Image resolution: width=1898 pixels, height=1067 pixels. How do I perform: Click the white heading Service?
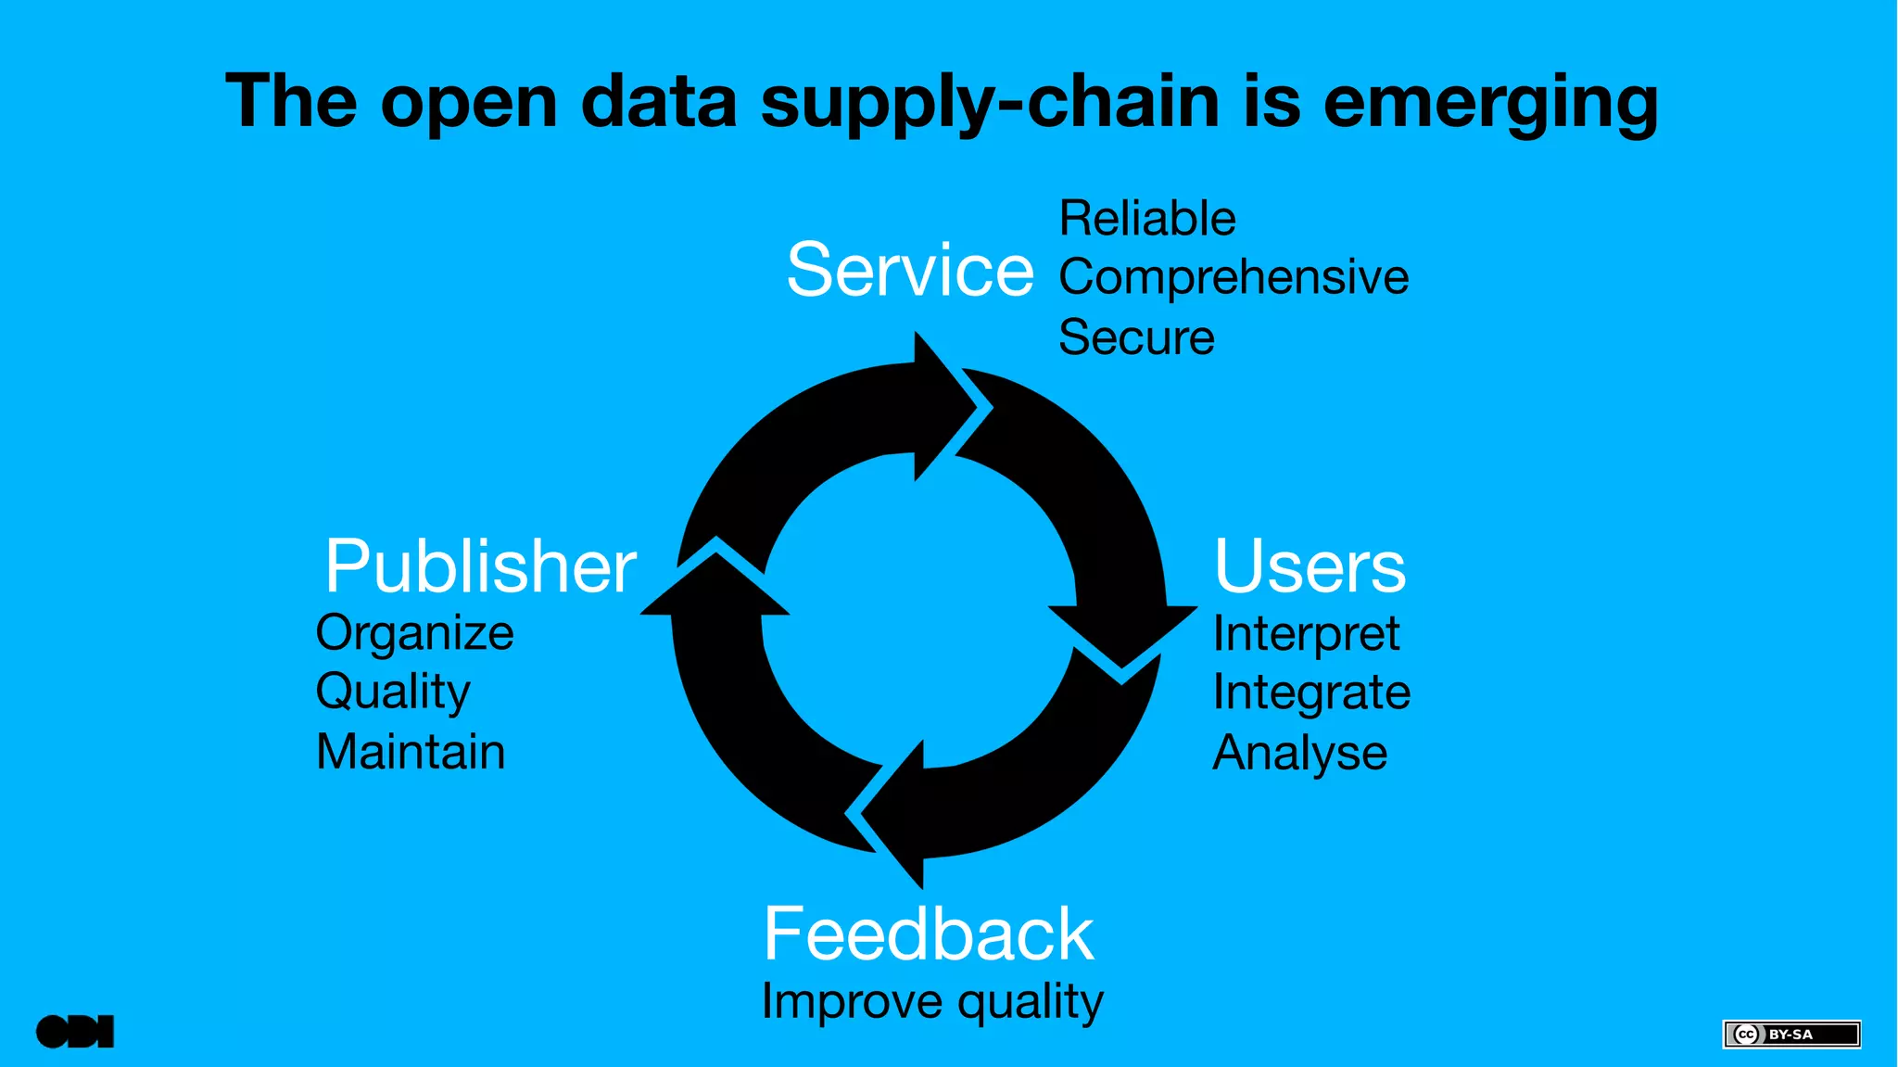click(909, 270)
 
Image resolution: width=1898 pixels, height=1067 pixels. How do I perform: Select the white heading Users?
click(1309, 566)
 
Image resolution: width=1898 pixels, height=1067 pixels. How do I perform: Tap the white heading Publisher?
click(480, 566)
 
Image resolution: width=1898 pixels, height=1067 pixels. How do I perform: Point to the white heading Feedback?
click(928, 934)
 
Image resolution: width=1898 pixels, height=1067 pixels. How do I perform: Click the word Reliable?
click(1146, 219)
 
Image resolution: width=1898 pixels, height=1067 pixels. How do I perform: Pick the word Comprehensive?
click(1233, 277)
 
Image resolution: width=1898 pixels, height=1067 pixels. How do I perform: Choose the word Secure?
click(1135, 337)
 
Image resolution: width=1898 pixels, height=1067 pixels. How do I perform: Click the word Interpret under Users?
click(1305, 635)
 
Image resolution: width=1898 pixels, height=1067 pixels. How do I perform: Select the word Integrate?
click(1310, 693)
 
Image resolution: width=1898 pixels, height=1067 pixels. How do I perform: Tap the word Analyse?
click(1299, 753)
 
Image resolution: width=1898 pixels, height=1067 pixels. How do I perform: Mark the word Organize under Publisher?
click(414, 634)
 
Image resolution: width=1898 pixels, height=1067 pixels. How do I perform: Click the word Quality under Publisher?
click(393, 692)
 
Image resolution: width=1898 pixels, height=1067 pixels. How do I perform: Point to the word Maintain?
click(411, 752)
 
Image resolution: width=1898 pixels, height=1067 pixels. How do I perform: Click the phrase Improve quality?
click(931, 1002)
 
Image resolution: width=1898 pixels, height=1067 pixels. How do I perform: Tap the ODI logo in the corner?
click(75, 1032)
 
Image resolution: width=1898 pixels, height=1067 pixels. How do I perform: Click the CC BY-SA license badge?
click(1790, 1034)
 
